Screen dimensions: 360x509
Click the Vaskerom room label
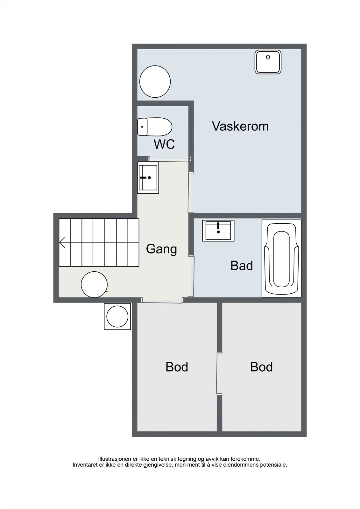pyautogui.click(x=240, y=126)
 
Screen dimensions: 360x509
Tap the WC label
pyautogui.click(x=164, y=144)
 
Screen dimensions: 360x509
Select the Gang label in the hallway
pyautogui.click(x=161, y=249)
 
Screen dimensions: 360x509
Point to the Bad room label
pyautogui.click(x=242, y=265)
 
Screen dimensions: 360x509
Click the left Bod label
pyautogui.click(x=177, y=367)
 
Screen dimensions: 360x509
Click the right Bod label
pyautogui.click(x=261, y=367)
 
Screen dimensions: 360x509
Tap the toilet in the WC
pyautogui.click(x=155, y=127)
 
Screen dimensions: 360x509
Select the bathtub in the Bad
pyautogui.click(x=281, y=258)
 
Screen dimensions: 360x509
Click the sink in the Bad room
pyautogui.click(x=218, y=231)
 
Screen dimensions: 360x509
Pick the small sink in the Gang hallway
pyautogui.click(x=148, y=178)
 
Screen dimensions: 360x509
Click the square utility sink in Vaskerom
pyautogui.click(x=268, y=62)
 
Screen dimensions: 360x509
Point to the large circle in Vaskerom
pyautogui.click(x=155, y=81)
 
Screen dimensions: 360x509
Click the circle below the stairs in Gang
pyautogui.click(x=94, y=284)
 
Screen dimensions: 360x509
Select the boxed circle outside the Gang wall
pyautogui.click(x=117, y=317)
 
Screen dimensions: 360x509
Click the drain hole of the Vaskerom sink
pyautogui.click(x=268, y=57)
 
